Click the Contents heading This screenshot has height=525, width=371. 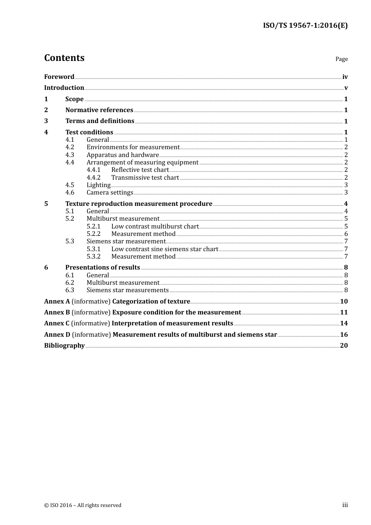point(64,58)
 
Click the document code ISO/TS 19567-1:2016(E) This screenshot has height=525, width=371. point(305,26)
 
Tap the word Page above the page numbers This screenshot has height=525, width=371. point(341,59)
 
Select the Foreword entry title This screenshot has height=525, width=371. point(59,77)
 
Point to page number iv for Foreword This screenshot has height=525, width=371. point(345,77)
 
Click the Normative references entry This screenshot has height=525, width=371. point(99,110)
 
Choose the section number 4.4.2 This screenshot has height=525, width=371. point(93,178)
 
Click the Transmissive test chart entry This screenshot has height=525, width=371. point(145,178)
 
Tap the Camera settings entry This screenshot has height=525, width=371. point(110,193)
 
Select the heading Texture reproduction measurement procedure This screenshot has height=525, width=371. point(139,204)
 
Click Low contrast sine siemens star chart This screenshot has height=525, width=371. point(164,249)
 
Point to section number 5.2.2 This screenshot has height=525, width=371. point(93,234)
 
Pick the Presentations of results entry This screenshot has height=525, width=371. point(102,268)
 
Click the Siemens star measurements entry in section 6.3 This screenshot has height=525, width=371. point(127,290)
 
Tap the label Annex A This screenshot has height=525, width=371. point(57,302)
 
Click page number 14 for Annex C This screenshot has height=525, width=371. point(344,323)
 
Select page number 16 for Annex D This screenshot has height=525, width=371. point(344,335)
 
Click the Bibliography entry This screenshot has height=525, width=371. point(64,346)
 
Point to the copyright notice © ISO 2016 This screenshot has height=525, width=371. point(83,505)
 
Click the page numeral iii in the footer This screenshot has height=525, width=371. point(345,505)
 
